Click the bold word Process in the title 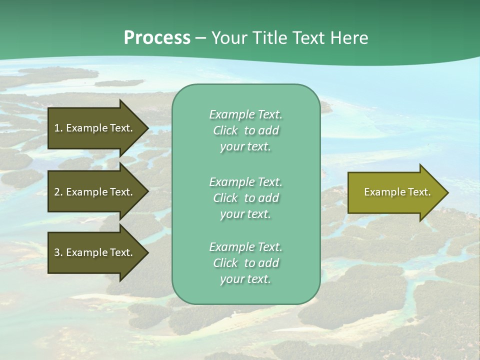[x=157, y=38]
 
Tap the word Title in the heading [x=268, y=38]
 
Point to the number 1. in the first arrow [x=58, y=128]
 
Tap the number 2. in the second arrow [x=58, y=192]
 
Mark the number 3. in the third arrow [x=58, y=252]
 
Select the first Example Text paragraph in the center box [x=245, y=130]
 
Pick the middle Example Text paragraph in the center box [x=245, y=198]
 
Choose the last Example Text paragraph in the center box [x=245, y=263]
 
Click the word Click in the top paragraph [x=225, y=130]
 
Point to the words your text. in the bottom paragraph [x=245, y=279]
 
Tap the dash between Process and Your [x=200, y=38]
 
